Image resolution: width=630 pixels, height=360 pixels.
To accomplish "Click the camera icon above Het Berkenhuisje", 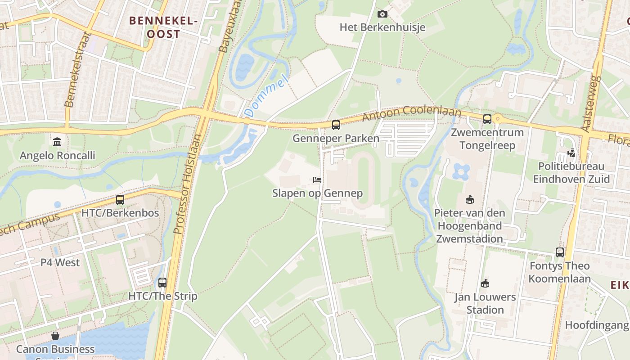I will (382, 14).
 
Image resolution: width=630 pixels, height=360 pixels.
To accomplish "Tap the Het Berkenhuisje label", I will (382, 27).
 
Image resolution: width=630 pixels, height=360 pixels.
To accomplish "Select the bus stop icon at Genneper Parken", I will (336, 125).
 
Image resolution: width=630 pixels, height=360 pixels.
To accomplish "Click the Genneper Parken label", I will (336, 138).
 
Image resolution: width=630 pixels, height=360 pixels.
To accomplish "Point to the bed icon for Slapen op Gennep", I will (317, 180).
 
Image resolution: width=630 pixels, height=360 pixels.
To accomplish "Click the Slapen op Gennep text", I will (317, 193).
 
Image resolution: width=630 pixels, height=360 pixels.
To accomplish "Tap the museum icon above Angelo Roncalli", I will (57, 142).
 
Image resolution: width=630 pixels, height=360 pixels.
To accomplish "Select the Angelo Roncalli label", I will (57, 156).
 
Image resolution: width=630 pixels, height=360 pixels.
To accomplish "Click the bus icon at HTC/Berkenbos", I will (120, 200).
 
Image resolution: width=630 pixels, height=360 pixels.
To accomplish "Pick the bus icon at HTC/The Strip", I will (162, 283).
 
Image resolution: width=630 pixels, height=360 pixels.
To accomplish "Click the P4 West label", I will (60, 262).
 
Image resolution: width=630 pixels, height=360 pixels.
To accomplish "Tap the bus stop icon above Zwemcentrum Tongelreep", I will (487, 119).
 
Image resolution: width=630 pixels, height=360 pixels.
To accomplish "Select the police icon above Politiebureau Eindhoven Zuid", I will (571, 153).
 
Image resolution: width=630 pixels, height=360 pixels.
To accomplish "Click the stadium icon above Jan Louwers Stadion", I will (485, 283).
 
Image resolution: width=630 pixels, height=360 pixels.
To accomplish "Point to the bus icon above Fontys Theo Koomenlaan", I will (559, 252).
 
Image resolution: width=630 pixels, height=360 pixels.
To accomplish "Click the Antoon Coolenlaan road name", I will (412, 113).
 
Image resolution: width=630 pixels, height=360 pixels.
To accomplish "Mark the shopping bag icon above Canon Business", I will (55, 336).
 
